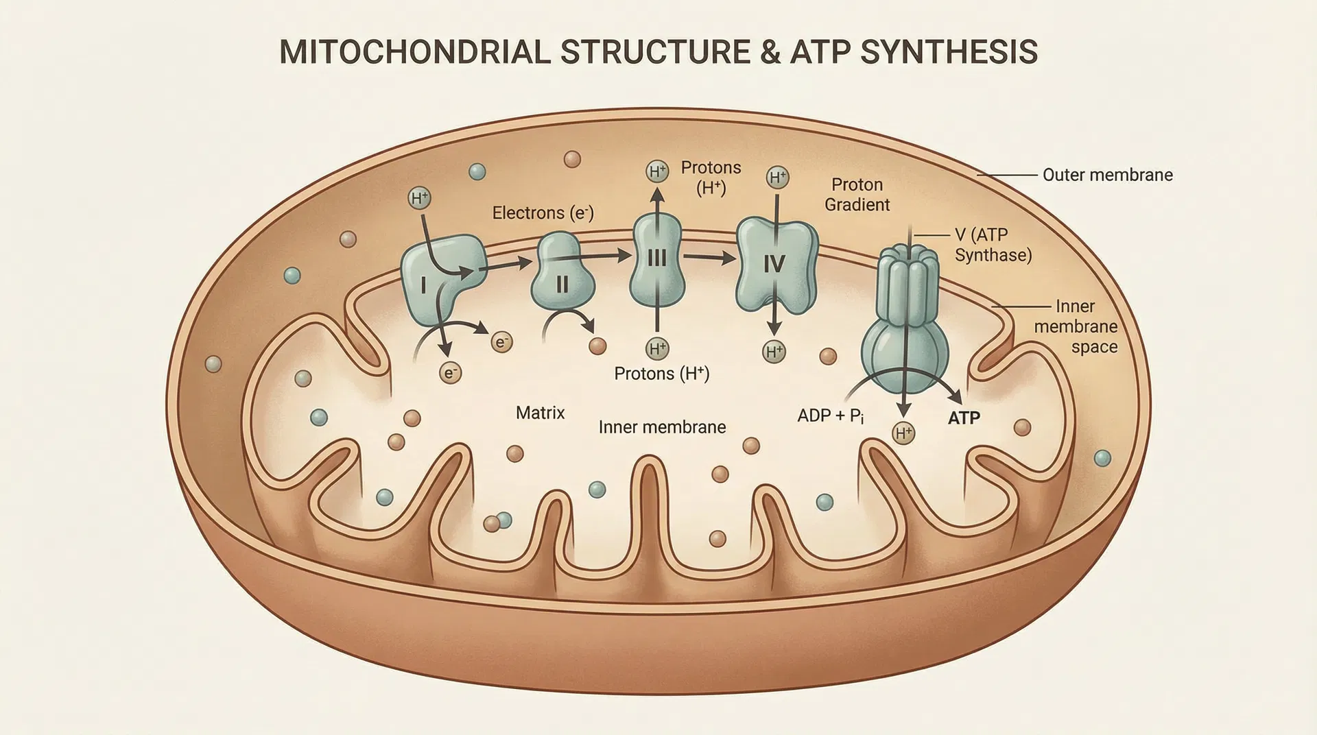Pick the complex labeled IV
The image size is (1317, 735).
pos(775,264)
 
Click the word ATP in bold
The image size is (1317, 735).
pos(964,418)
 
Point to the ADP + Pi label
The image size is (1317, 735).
pos(830,415)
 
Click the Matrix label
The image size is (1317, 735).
pos(540,413)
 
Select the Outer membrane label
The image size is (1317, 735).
pos(1107,175)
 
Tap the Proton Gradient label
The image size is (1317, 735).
pos(857,195)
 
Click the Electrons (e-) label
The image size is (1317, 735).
pos(543,213)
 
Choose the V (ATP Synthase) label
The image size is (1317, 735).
pos(993,245)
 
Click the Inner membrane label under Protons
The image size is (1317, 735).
pos(662,427)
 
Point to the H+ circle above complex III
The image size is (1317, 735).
pos(657,171)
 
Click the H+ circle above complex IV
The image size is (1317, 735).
pos(777,178)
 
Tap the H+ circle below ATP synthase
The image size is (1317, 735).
pos(903,433)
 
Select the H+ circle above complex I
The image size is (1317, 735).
pos(419,199)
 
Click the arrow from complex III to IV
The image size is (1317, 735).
pos(709,258)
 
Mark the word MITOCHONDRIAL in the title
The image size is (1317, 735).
pos(414,53)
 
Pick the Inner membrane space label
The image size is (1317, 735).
pos(1075,326)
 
